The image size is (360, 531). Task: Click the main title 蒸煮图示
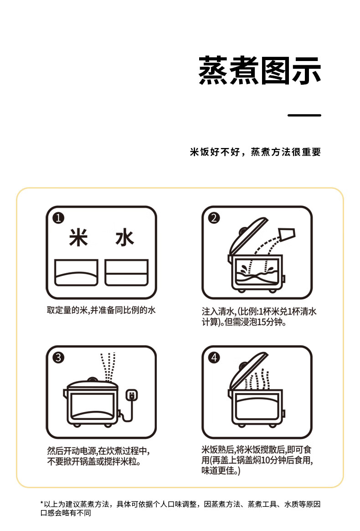259,71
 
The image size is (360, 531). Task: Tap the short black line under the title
304,115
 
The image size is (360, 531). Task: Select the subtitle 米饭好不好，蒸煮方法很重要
255,152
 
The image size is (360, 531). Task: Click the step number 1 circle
58,218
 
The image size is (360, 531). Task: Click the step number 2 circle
214,218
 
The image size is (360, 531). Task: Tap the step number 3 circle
58,357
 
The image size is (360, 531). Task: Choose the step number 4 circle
214,357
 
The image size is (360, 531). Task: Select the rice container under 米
76,273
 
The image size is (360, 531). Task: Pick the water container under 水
126,273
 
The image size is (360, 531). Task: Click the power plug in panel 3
131,395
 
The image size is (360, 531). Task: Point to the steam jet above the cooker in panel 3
108,367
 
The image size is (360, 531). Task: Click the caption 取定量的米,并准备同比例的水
101,310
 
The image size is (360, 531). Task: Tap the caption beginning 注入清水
259,317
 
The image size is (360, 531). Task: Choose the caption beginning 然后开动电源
98,456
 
